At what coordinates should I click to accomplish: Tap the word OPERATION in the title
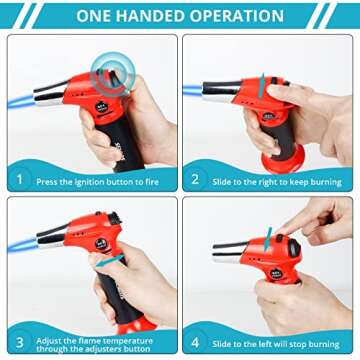pyautogui.click(x=239, y=16)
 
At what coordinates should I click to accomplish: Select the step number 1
pyautogui.click(x=20, y=179)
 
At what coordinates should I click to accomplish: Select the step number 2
pyautogui.click(x=195, y=179)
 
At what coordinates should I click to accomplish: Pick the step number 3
pyautogui.click(x=20, y=342)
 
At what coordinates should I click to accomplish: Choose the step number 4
pyautogui.click(x=196, y=342)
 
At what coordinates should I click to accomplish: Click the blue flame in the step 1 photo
pyautogui.click(x=21, y=101)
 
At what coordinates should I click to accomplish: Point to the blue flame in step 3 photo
pyautogui.click(x=23, y=246)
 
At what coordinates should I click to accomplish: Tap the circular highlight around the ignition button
pyautogui.click(x=112, y=74)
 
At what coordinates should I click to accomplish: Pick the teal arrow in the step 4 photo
pyautogui.click(x=268, y=239)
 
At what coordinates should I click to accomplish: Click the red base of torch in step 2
pyautogui.click(x=283, y=159)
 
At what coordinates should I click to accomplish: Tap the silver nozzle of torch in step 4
pyautogui.click(x=228, y=252)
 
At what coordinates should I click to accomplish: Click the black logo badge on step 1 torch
pyautogui.click(x=102, y=107)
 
